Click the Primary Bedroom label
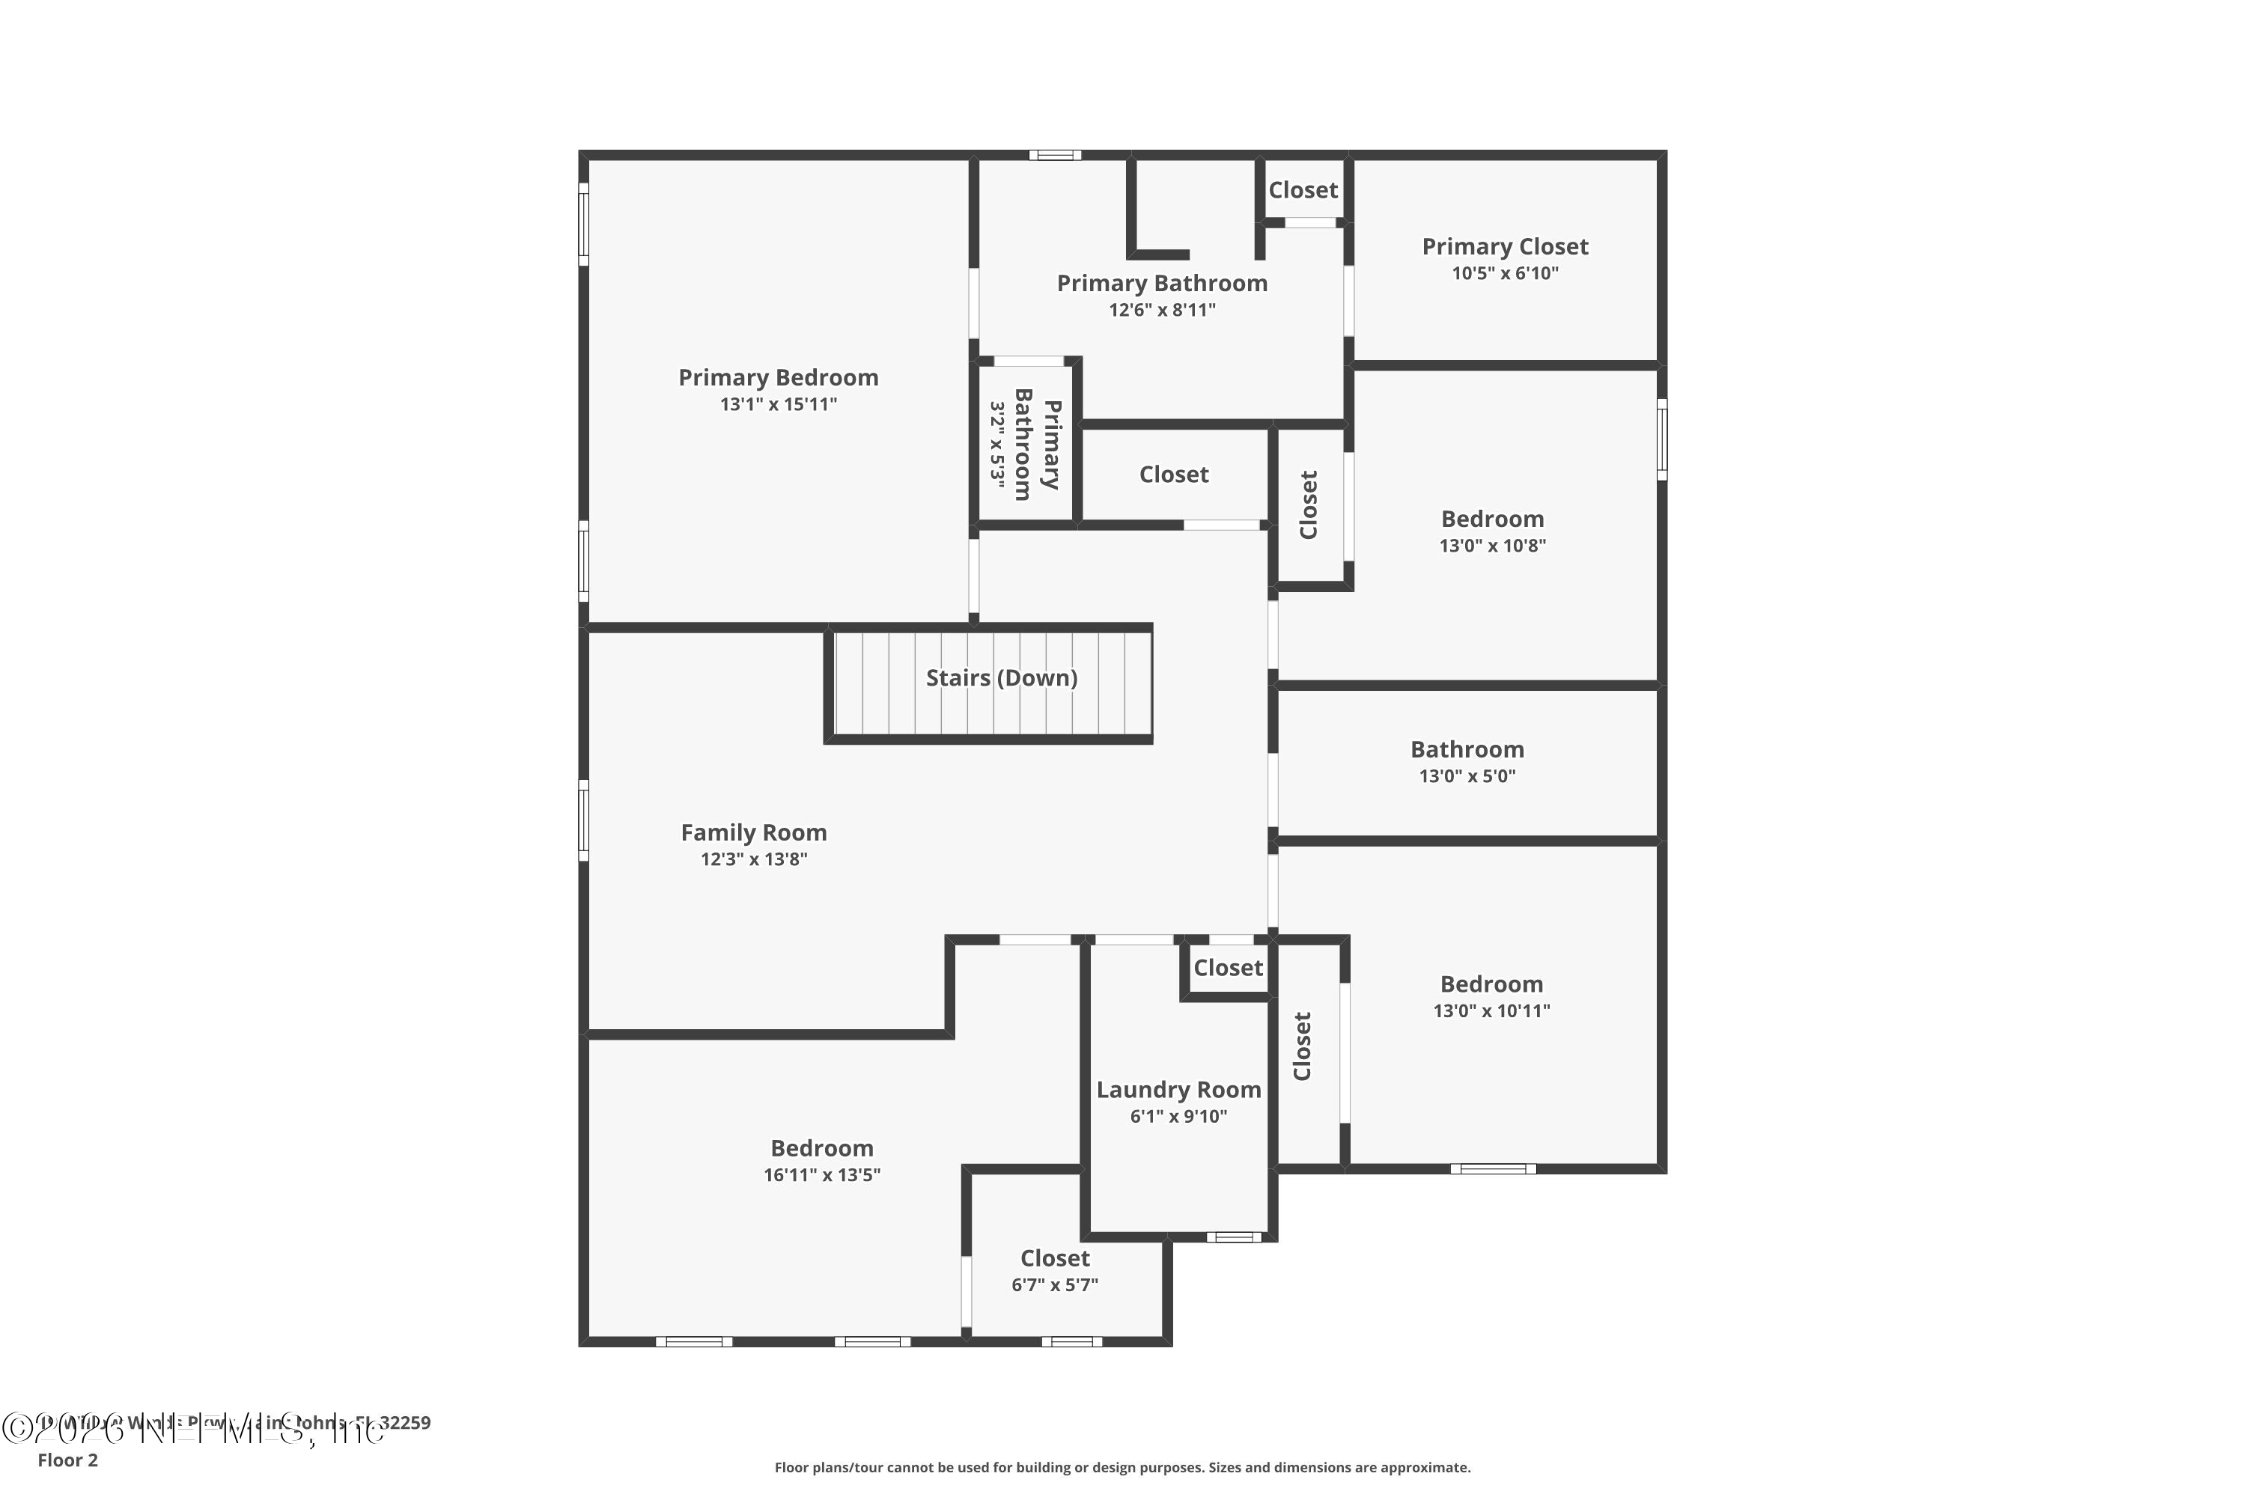[779, 378]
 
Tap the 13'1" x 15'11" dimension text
[779, 405]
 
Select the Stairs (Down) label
[1002, 678]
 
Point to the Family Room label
[753, 832]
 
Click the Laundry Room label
[1178, 1091]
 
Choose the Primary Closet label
[1505, 247]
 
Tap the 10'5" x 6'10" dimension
[1505, 274]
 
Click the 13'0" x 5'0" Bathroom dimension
[1467, 776]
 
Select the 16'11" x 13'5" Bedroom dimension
[821, 1175]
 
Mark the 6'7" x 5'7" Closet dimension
[1054, 1285]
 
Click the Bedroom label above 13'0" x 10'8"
[1491, 519]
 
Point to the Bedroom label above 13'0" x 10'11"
[1491, 984]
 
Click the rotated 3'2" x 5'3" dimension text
[997, 445]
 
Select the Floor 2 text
[68, 1460]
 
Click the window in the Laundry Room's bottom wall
[1233, 1237]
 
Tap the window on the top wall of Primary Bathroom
[1054, 155]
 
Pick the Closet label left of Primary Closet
[1303, 190]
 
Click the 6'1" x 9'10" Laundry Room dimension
[1178, 1117]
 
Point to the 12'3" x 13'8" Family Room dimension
[753, 859]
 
